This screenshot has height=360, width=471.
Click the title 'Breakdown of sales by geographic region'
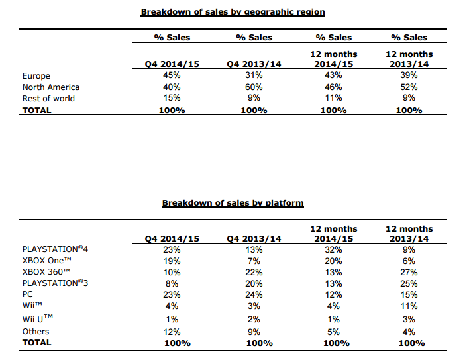click(233, 12)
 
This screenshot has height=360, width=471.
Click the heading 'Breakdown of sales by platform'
click(233, 203)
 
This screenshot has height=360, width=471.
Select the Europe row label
click(36, 76)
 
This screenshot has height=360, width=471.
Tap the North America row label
click(51, 87)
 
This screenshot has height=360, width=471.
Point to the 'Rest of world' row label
click(48, 99)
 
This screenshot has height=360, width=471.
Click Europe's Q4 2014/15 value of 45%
click(172, 75)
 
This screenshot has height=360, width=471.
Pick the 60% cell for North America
click(254, 87)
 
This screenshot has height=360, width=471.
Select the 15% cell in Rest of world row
click(172, 98)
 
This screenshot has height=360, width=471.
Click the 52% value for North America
click(409, 87)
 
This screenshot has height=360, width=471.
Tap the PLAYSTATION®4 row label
click(55, 249)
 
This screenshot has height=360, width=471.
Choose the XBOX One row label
click(47, 260)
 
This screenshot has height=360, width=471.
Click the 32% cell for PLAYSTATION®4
click(333, 250)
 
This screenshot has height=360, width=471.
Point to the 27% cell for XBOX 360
click(409, 273)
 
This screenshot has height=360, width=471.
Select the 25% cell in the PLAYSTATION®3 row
click(409, 283)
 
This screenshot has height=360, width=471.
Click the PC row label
click(28, 294)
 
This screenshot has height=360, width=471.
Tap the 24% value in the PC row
click(254, 295)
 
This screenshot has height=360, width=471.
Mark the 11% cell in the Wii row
click(409, 306)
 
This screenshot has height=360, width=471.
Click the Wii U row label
click(38, 318)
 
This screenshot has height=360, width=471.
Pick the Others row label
click(36, 332)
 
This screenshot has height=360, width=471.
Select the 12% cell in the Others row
click(172, 332)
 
